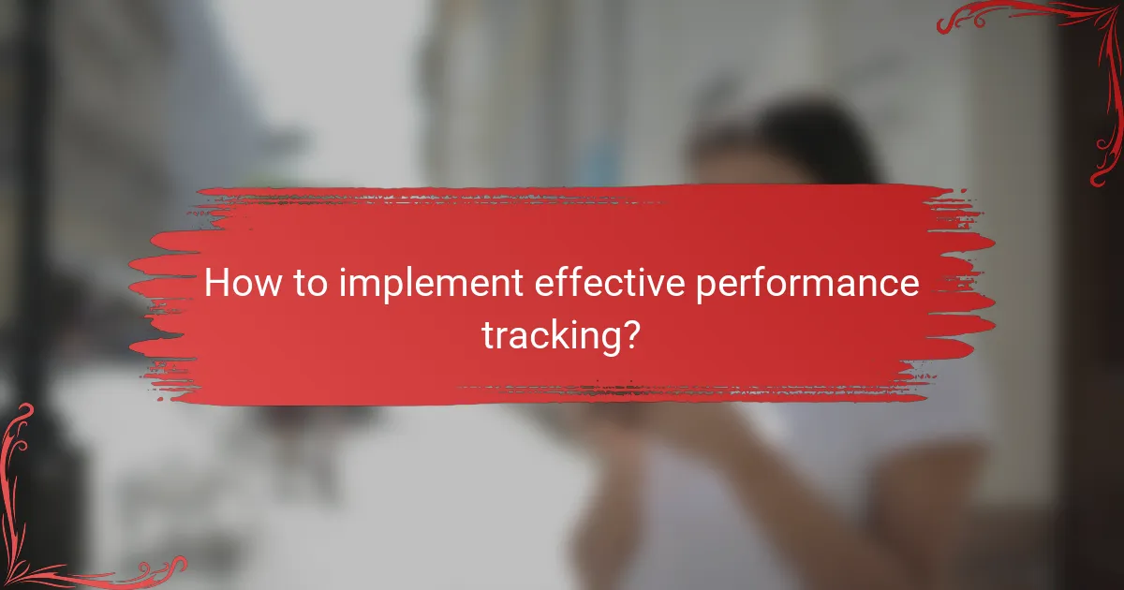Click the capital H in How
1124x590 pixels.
[x=216, y=284]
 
